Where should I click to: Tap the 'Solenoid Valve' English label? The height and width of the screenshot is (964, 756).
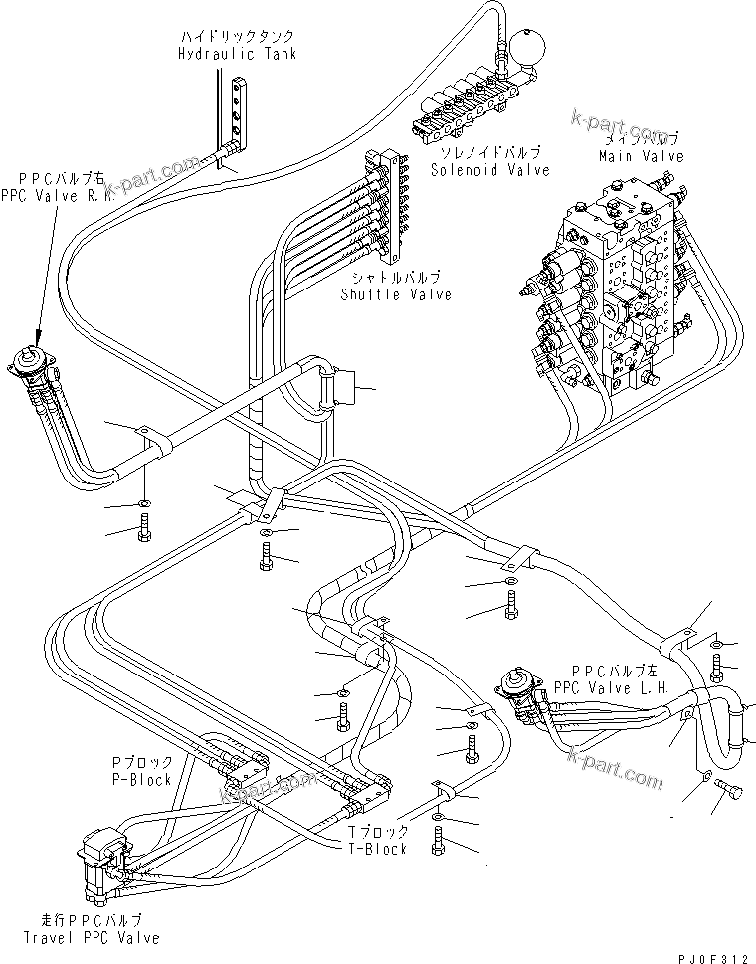pos(489,170)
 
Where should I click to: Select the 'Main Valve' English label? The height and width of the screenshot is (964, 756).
pos(641,156)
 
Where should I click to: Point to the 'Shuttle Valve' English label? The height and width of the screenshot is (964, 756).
pos(396,293)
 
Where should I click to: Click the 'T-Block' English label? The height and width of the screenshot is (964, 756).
pos(377,848)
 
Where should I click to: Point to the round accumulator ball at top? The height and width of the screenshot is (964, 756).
pos(523,47)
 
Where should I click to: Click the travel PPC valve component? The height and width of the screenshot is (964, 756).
pos(103,854)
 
